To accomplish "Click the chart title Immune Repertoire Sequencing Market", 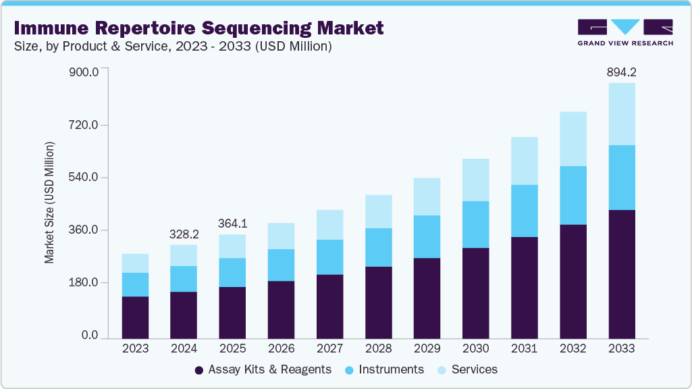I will tap(198, 28).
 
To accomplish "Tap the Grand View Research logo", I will tap(625, 32).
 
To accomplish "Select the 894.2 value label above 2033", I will tap(621, 72).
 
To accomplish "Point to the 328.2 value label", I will tap(184, 234).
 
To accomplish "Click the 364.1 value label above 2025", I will tap(232, 224).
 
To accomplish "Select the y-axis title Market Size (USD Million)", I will tap(49, 203).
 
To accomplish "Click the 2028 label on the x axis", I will tap(378, 348).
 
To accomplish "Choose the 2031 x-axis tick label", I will tap(524, 348).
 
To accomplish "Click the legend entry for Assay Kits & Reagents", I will tap(263, 369).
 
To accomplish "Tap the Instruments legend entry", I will tap(384, 369).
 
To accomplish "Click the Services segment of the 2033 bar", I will tap(621, 113).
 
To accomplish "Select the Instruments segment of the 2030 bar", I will tap(475, 224).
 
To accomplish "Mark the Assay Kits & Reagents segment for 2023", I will tap(135, 317).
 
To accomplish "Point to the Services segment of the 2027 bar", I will tap(329, 224).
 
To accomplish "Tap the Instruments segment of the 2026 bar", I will tap(281, 265).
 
